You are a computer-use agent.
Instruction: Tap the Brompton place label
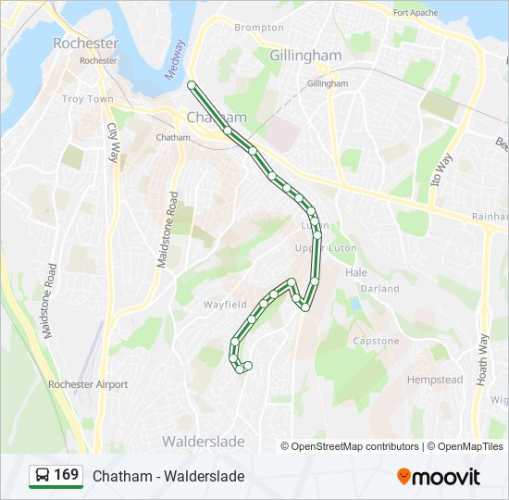tap(259, 28)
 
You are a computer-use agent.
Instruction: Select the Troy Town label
tap(87, 99)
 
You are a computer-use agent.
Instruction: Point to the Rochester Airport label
tap(89, 384)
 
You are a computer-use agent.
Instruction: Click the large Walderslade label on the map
tap(204, 442)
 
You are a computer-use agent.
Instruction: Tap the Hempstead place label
tap(434, 380)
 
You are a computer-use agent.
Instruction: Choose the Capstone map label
tap(376, 341)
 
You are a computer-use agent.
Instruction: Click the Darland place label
tap(379, 289)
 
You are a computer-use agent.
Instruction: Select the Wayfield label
tap(225, 304)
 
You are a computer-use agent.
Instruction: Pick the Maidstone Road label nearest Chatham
tap(167, 231)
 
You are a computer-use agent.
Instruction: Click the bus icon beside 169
tap(43, 475)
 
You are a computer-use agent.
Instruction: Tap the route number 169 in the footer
tap(66, 475)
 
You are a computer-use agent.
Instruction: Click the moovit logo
tap(438, 476)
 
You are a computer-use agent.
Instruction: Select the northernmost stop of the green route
tap(192, 85)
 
